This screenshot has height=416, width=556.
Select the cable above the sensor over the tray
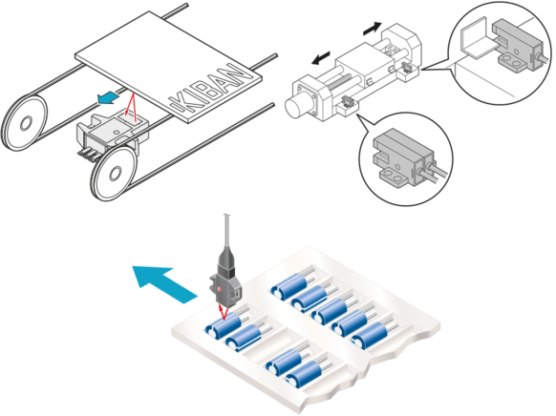pos(226,235)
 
